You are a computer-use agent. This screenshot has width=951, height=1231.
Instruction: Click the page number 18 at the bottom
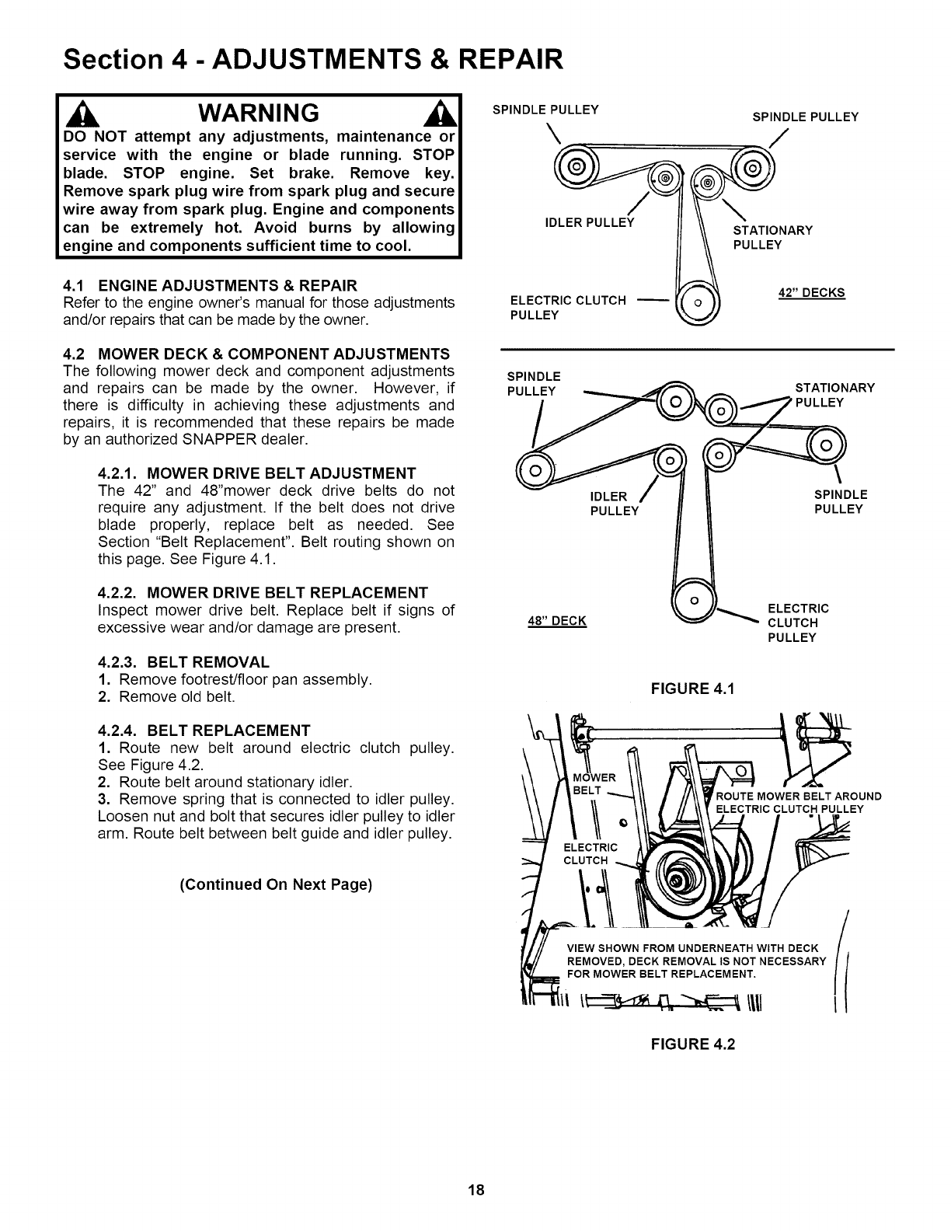[x=476, y=1190]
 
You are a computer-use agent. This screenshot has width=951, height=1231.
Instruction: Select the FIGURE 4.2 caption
[x=692, y=1044]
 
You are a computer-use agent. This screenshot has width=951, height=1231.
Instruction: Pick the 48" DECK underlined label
[x=557, y=620]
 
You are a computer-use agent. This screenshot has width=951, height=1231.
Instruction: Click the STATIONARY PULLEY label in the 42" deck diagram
[x=772, y=237]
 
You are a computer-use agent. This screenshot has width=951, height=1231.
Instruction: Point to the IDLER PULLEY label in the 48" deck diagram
[x=615, y=503]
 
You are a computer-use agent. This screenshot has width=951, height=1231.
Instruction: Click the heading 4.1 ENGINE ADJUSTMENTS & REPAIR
[x=209, y=285]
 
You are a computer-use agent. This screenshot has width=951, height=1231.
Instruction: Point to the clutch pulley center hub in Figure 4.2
[x=676, y=881]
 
